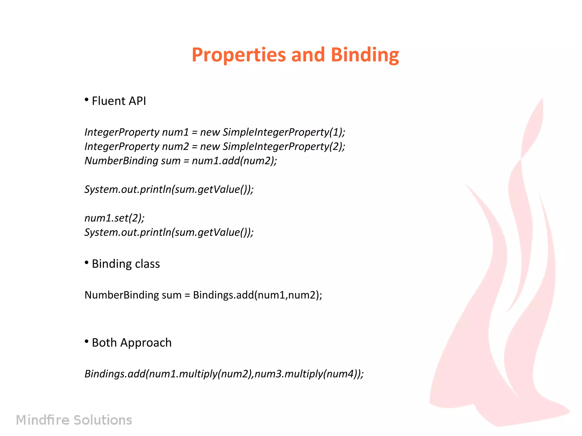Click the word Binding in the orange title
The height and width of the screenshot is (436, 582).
click(365, 55)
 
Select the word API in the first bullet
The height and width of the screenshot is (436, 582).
click(137, 101)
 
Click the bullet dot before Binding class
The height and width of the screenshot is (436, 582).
click(87, 263)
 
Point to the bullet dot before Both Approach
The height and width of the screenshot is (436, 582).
click(87, 341)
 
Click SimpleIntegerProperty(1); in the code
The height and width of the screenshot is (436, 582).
click(284, 132)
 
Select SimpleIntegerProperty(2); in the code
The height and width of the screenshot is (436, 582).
click(284, 147)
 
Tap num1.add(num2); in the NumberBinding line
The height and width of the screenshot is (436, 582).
click(234, 161)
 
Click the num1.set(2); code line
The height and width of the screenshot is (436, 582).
click(115, 218)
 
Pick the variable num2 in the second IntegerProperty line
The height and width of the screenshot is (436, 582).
click(175, 147)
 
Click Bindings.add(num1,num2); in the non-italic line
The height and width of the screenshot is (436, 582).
click(257, 295)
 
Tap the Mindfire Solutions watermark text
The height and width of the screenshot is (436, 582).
click(74, 420)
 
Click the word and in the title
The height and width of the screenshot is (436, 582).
click(308, 55)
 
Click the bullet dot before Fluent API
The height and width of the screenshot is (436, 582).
click(87, 100)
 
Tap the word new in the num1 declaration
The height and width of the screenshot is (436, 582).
click(210, 132)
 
